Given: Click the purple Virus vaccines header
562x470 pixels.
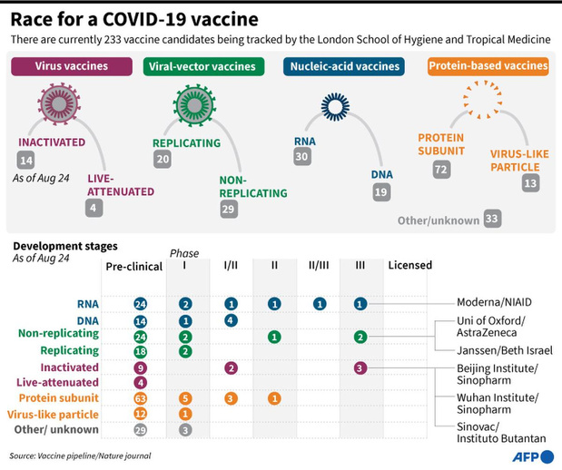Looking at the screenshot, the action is (72, 66).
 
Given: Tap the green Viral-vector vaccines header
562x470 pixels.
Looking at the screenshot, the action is (203, 66).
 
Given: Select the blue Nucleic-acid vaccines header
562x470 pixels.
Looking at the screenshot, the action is (344, 66).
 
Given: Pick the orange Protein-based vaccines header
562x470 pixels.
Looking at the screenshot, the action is (488, 66).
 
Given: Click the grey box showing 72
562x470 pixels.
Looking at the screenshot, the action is (441, 169).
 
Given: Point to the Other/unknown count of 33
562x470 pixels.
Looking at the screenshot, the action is (492, 218).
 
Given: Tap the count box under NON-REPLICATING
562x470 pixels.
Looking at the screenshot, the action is (228, 209).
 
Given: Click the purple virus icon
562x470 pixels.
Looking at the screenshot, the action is (59, 103).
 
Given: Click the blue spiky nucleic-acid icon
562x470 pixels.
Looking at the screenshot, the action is (336, 106).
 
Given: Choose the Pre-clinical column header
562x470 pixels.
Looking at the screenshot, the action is (134, 267).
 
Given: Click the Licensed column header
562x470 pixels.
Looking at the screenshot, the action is (410, 265).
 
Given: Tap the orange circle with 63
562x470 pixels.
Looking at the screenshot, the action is (141, 398).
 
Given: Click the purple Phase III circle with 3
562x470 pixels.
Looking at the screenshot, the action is (360, 367).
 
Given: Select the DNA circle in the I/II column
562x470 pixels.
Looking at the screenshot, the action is (231, 320).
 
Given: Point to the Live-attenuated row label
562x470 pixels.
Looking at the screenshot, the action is (57, 383).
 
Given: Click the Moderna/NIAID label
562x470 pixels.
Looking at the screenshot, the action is (494, 302).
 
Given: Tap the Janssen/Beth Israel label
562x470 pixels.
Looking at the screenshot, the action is (505, 350).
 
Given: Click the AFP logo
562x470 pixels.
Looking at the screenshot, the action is (533, 456).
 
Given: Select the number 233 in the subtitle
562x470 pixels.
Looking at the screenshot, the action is (113, 39).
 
